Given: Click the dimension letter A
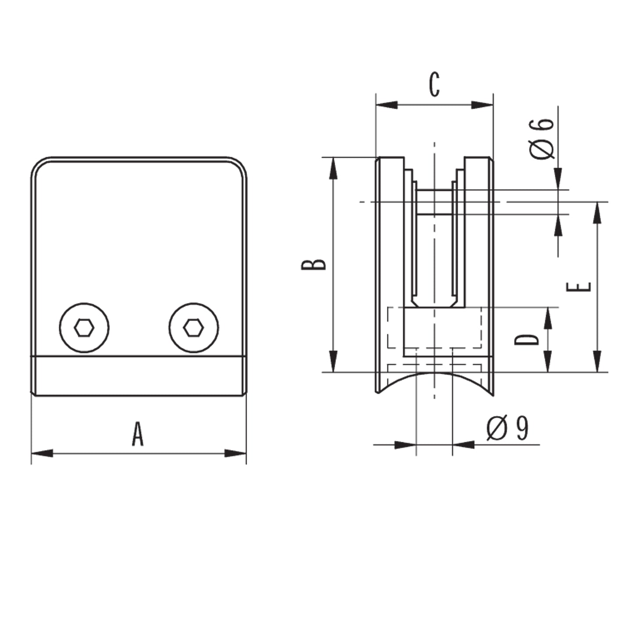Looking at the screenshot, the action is [x=137, y=434].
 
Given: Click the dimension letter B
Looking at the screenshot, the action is [x=313, y=265].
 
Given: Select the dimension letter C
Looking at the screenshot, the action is [x=435, y=85].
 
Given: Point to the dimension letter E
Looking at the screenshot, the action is [x=579, y=287].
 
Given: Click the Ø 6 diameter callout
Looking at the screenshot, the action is [x=541, y=139].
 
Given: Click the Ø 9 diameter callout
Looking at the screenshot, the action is [x=508, y=428].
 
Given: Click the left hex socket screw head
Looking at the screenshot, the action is [x=84, y=328].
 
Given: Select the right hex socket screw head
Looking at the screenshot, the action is [x=194, y=328].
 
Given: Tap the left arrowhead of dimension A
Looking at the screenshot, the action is [x=42, y=453].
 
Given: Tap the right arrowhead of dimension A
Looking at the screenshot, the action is [x=235, y=453].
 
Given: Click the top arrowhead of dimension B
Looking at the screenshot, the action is [x=333, y=168].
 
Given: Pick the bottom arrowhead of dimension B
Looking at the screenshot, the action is [x=333, y=361].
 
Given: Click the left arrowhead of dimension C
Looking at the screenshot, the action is [x=387, y=105].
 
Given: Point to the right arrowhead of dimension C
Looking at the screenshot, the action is [x=482, y=105].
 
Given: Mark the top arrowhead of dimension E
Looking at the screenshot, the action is [x=597, y=212].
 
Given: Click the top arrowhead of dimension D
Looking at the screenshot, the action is [x=548, y=319].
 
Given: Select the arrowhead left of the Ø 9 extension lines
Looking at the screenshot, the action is [x=405, y=445].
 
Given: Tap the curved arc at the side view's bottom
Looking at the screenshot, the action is [x=435, y=374].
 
